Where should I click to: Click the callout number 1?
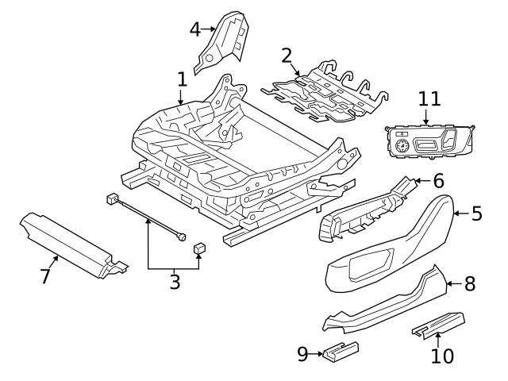pyautogui.click(x=182, y=79)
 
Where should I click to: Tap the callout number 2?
pyautogui.click(x=287, y=55)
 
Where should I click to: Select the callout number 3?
pyautogui.click(x=174, y=281)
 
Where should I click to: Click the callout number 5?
pyautogui.click(x=476, y=213)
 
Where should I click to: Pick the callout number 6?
pyautogui.click(x=438, y=182)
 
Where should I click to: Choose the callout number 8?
pyautogui.click(x=470, y=283)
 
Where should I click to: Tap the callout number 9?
pyautogui.click(x=303, y=352)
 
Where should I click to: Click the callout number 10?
pyautogui.click(x=441, y=356)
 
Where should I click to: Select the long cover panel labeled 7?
pyautogui.click(x=67, y=239)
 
